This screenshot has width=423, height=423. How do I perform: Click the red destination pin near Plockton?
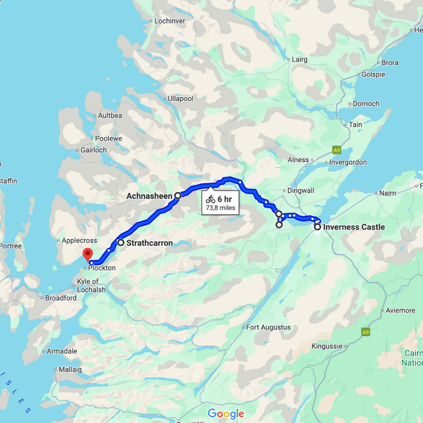pos(87,253)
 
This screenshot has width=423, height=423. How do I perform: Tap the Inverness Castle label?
pos(354,227)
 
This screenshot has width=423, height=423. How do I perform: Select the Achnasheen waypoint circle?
pos(178,196)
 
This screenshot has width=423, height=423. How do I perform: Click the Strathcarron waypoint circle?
pos(121,243)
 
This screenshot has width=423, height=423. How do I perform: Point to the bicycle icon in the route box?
pos(210,199)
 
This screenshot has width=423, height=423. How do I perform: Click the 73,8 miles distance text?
pos(220,208)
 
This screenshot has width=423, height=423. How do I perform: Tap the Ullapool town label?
pos(180,99)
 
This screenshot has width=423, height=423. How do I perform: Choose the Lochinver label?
pos(169,21)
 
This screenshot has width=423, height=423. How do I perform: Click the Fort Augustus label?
pos(268,327)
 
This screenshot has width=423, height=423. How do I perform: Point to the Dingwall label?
pos(301,191)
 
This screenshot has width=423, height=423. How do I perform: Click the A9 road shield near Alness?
pos(337,150)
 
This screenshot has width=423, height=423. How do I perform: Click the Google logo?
pos(226,414)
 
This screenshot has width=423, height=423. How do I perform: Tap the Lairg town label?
pos(299,59)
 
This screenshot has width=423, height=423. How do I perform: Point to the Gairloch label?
pos(94,150)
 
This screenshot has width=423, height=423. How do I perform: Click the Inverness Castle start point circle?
pos(318,227)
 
